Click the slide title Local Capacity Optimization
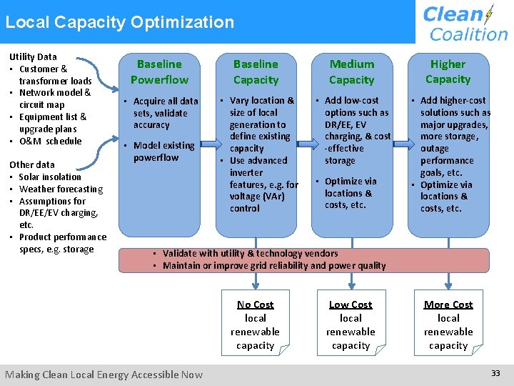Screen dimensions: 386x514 (x=119, y=22)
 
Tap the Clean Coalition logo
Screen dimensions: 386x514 (x=465, y=23)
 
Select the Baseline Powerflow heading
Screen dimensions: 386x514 (x=159, y=72)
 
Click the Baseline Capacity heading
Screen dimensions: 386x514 (x=256, y=72)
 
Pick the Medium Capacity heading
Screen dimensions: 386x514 (x=351, y=72)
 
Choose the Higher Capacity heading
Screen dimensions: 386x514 (x=448, y=71)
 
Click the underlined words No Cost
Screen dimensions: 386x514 (x=255, y=305)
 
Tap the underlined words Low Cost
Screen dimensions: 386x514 (x=351, y=305)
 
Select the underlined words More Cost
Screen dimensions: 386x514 (x=448, y=305)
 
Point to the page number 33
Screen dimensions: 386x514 (x=496, y=373)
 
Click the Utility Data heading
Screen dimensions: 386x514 (x=33, y=56)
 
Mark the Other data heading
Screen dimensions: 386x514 (x=31, y=164)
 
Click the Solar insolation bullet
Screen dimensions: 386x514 (x=50, y=177)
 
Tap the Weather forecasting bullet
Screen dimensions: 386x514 (x=61, y=189)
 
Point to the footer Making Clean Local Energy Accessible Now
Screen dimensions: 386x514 (x=104, y=375)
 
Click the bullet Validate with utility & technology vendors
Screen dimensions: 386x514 (x=250, y=253)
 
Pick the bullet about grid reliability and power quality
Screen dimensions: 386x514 (x=273, y=265)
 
